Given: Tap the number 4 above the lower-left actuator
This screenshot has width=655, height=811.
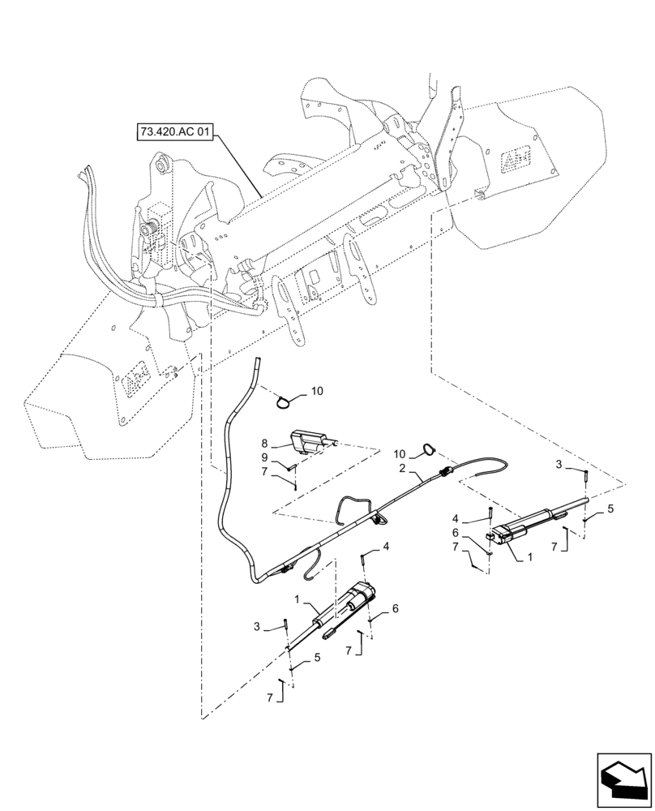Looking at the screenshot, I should (386, 547).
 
